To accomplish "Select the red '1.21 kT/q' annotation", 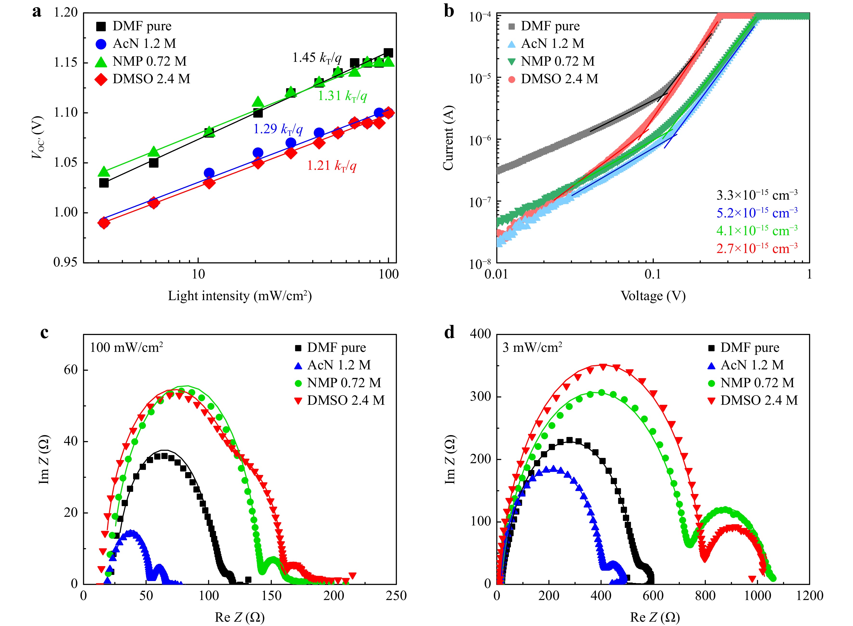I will point(332,166).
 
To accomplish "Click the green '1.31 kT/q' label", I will point(342,96).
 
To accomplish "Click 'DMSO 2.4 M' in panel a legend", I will point(151,79).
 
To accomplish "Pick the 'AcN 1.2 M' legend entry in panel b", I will point(552,44).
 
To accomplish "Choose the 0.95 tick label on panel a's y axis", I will point(65,262).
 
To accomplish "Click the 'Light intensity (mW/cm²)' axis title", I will point(240,296).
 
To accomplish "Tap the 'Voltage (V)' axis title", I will point(653,296).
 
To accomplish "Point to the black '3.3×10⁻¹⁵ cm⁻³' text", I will point(757,195).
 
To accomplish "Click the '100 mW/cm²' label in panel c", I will point(126,347).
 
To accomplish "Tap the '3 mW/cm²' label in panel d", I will point(532,347).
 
